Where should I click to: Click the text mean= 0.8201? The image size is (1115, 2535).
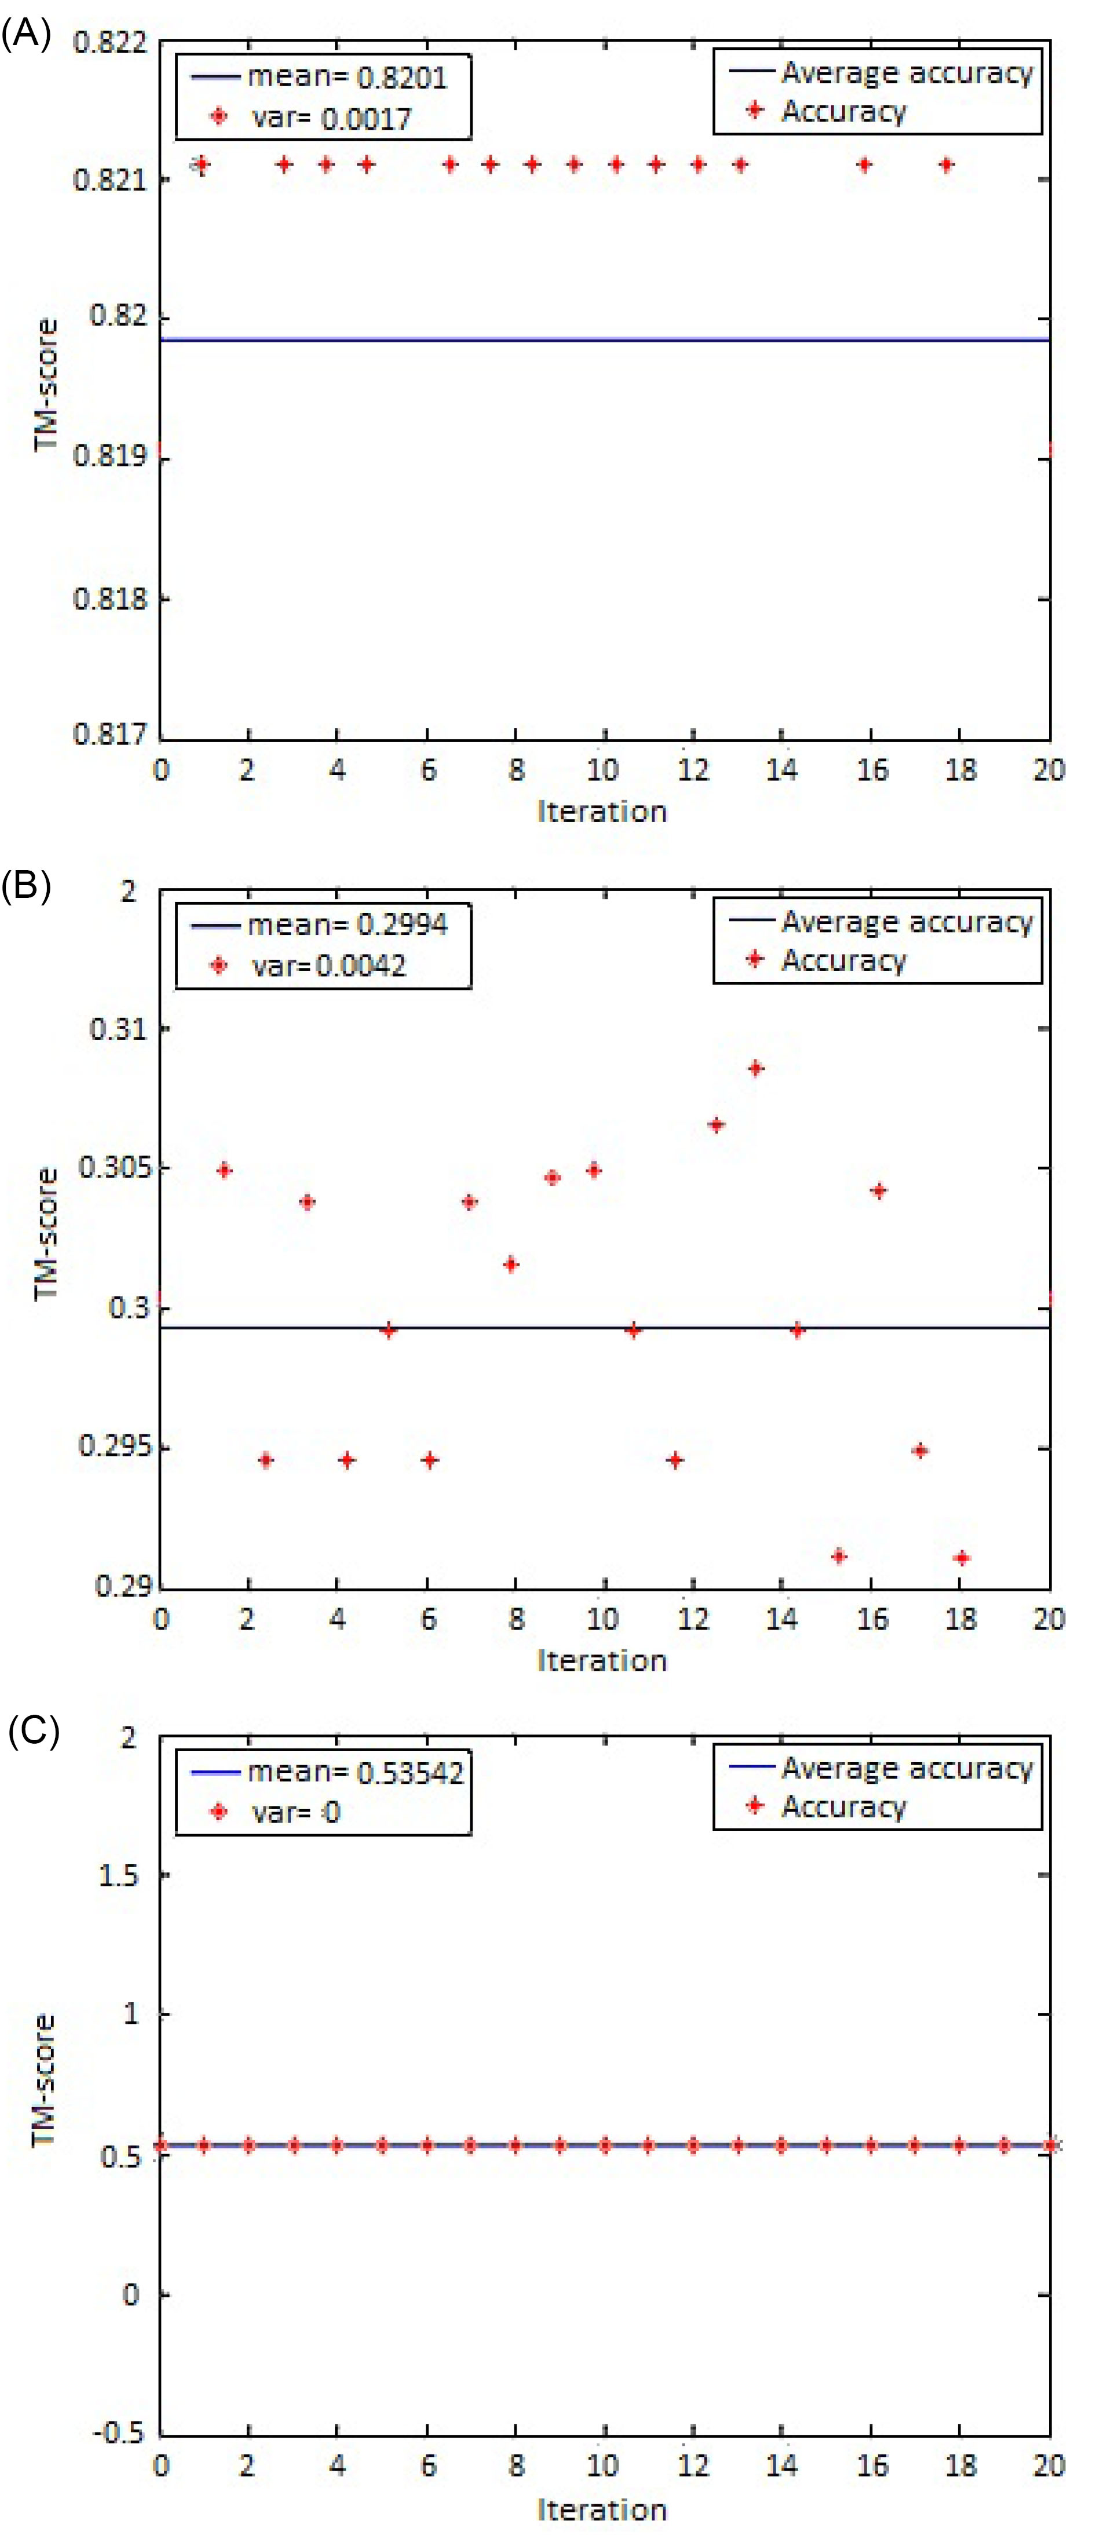[346, 77]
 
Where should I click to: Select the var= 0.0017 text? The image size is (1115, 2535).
[331, 118]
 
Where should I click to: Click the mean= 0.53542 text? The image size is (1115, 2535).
[355, 1772]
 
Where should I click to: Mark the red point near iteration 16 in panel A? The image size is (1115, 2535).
[864, 165]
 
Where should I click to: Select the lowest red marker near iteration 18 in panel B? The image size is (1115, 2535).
[962, 1558]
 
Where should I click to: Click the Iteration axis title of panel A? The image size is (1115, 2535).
[601, 811]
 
